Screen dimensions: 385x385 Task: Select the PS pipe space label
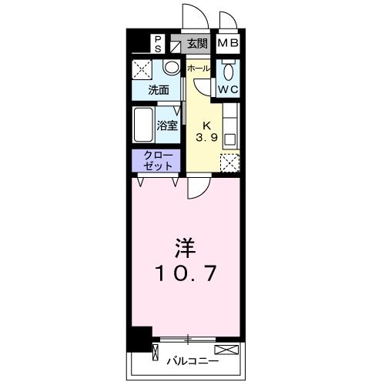click(x=157, y=43)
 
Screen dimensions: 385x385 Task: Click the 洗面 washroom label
click(x=159, y=90)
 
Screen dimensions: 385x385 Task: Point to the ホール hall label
click(x=198, y=68)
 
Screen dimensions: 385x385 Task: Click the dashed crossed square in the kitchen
click(x=229, y=162)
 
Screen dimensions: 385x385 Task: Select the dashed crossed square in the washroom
click(x=143, y=70)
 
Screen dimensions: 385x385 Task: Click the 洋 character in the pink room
click(x=183, y=249)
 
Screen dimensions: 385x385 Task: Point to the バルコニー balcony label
click(x=193, y=360)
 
